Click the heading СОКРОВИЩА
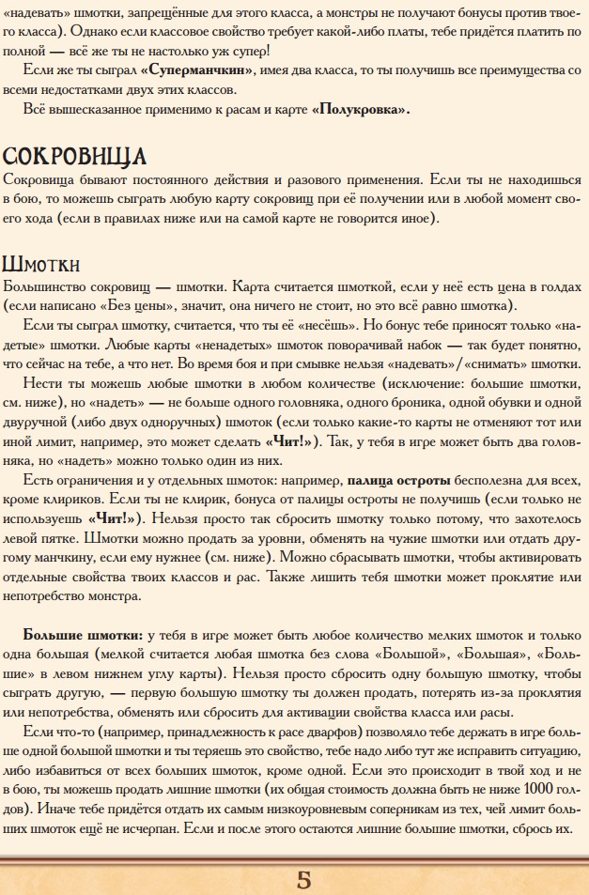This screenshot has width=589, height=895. click(x=75, y=156)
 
